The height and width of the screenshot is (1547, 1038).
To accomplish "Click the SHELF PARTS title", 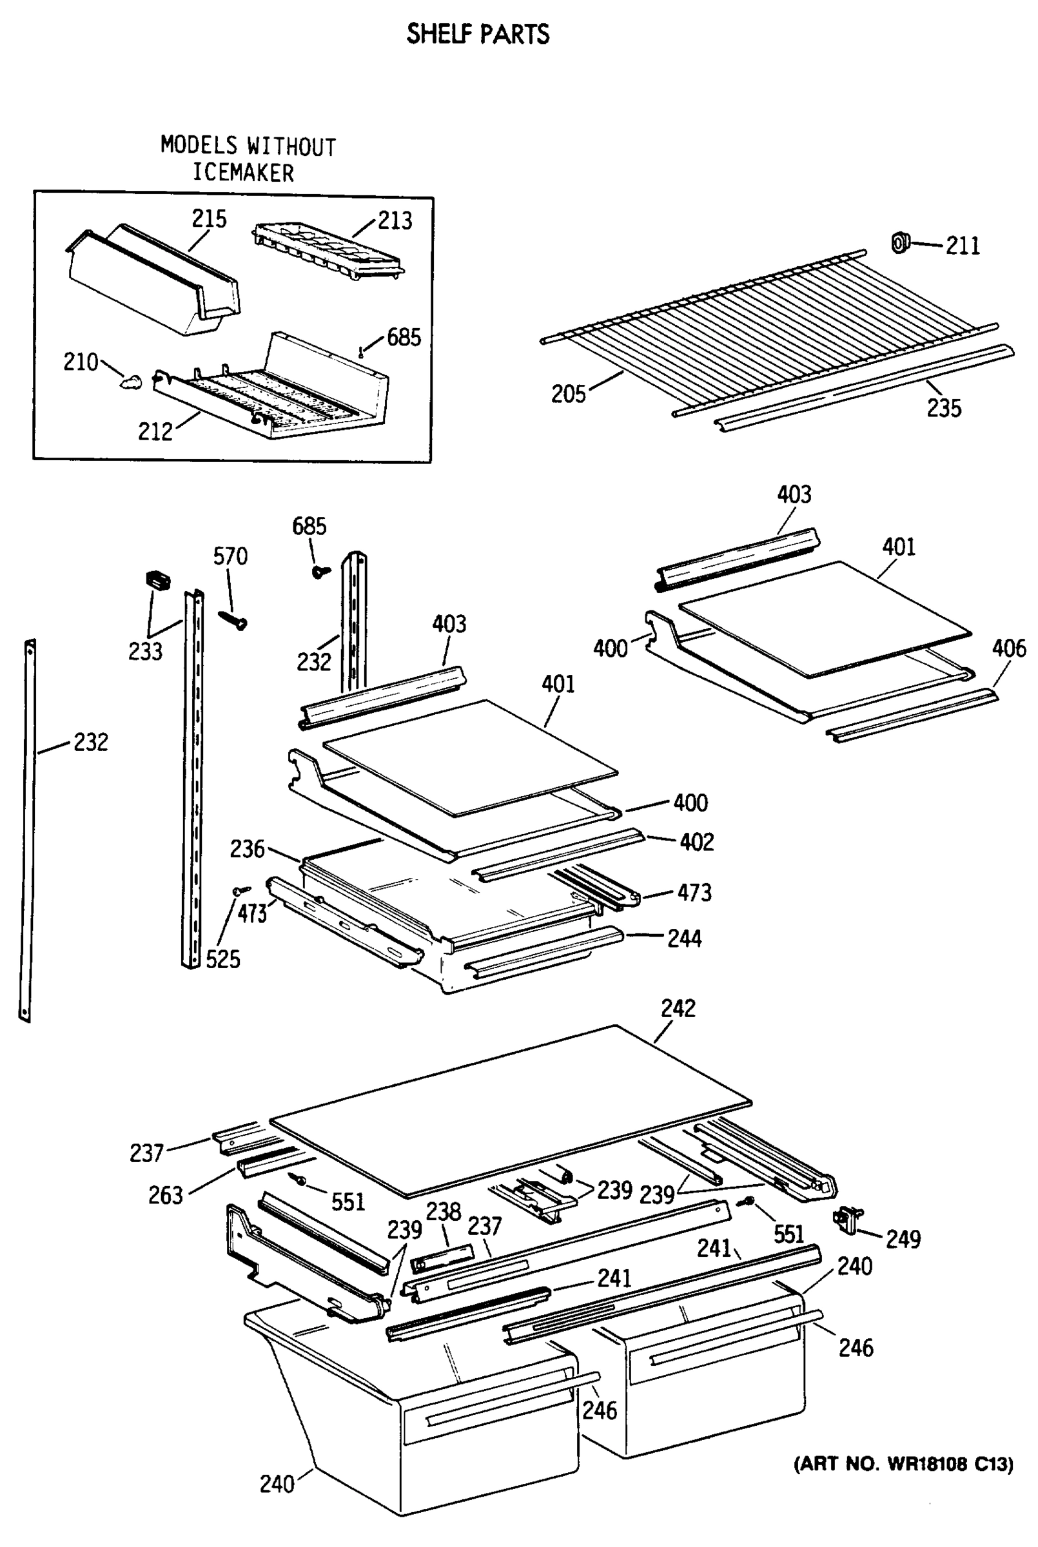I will [x=477, y=34].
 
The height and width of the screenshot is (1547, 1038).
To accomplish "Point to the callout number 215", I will [x=209, y=219].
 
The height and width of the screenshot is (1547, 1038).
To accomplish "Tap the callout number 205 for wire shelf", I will [x=569, y=394].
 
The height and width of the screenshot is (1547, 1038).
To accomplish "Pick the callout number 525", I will [x=222, y=958].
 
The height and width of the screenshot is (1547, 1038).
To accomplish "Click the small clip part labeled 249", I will [x=847, y=1219].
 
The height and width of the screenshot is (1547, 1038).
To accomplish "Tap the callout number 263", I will [x=166, y=1195].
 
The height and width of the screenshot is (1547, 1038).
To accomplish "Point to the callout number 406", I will [x=1008, y=648].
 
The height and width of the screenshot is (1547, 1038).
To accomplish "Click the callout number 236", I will [x=247, y=848].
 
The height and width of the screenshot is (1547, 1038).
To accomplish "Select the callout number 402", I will [x=696, y=842].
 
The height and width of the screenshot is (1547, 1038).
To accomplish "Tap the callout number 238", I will [x=443, y=1212].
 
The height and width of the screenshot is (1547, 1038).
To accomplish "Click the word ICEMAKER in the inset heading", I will [x=243, y=173].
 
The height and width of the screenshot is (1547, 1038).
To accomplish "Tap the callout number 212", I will [x=155, y=431].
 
